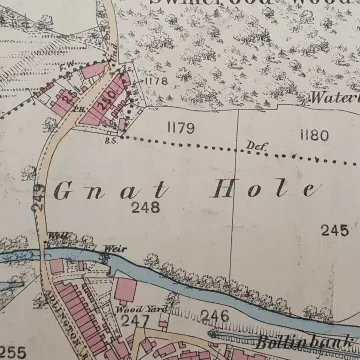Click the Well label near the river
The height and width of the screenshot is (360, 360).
pos(56,237)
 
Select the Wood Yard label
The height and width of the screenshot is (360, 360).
pos(135,310)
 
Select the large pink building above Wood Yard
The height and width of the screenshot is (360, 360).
pos(126,290)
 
